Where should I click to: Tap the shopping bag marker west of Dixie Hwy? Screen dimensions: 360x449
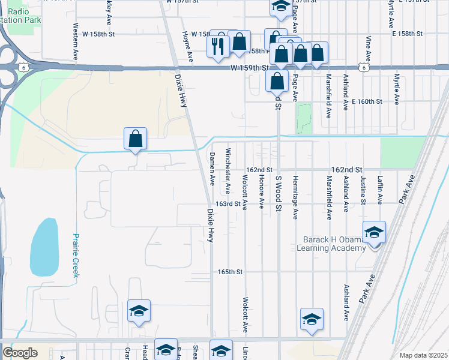136,139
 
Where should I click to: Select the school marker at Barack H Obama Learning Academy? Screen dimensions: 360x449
374,232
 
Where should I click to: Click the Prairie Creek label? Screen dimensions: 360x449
76,255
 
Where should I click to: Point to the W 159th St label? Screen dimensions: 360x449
249,68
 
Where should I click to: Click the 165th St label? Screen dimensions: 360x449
230,272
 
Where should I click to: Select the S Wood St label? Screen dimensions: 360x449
278,194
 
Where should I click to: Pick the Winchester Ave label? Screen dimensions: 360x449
228,170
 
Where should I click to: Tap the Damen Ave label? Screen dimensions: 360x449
212,169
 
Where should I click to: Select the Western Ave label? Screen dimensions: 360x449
76,41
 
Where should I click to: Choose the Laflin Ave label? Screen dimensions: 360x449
379,186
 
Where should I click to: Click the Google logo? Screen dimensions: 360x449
20,353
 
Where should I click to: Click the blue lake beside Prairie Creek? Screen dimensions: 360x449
44,247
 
